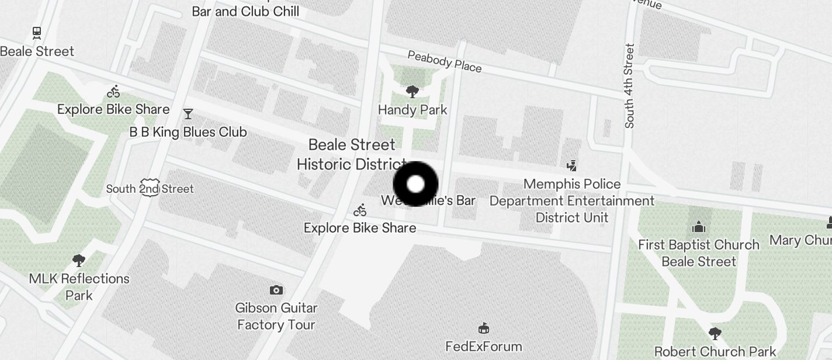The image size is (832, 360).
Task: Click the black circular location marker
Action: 415,184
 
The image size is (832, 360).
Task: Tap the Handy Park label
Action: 412,110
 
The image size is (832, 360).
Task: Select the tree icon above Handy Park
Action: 412,91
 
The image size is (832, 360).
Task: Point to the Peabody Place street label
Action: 445,61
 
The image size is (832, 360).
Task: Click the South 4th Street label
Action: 629,85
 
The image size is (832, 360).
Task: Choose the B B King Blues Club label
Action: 188,132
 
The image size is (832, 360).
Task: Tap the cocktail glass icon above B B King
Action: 188,113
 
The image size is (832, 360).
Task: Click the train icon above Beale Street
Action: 37,33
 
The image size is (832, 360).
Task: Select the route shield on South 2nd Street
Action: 150,188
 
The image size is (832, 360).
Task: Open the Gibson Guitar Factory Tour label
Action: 276,316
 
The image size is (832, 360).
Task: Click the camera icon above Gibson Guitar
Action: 276,290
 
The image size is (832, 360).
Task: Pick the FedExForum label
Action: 484,347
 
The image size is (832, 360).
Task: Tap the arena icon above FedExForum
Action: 484,328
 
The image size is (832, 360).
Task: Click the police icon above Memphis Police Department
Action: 572,165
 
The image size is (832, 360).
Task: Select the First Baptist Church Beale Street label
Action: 699,253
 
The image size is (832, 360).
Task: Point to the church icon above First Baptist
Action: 699,227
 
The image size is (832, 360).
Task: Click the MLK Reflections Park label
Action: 79,286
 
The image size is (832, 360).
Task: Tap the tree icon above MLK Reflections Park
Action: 79,261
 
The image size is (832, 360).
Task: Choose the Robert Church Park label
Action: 715,352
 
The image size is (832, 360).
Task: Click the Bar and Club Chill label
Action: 245,11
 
